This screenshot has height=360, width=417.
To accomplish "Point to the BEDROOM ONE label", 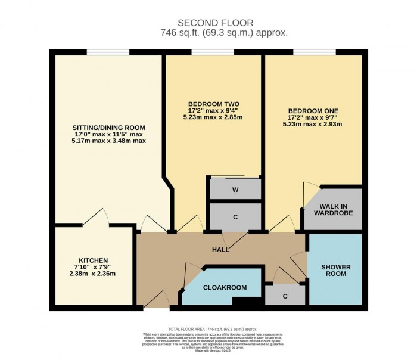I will pyautogui.click(x=313, y=111).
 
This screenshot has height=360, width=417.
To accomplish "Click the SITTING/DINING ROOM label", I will pyautogui.click(x=108, y=128).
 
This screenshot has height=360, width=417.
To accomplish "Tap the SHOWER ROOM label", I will pyautogui.click(x=335, y=270).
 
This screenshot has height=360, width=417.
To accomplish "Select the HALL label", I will pyautogui.click(x=221, y=250).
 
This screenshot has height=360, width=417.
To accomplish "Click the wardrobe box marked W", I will pyautogui.click(x=235, y=190).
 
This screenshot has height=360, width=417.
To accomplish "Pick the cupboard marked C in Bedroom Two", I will pyautogui.click(x=235, y=217).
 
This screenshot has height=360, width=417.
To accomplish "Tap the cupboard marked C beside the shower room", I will pyautogui.click(x=285, y=296).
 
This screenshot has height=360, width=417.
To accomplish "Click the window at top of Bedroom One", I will pyautogui.click(x=313, y=54).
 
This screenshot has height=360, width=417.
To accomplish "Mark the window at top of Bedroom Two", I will pyautogui.click(x=213, y=54).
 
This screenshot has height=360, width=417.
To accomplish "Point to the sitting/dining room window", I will pyautogui.click(x=108, y=54).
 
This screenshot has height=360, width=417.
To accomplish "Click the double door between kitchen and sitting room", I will pyautogui.click(x=94, y=218).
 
